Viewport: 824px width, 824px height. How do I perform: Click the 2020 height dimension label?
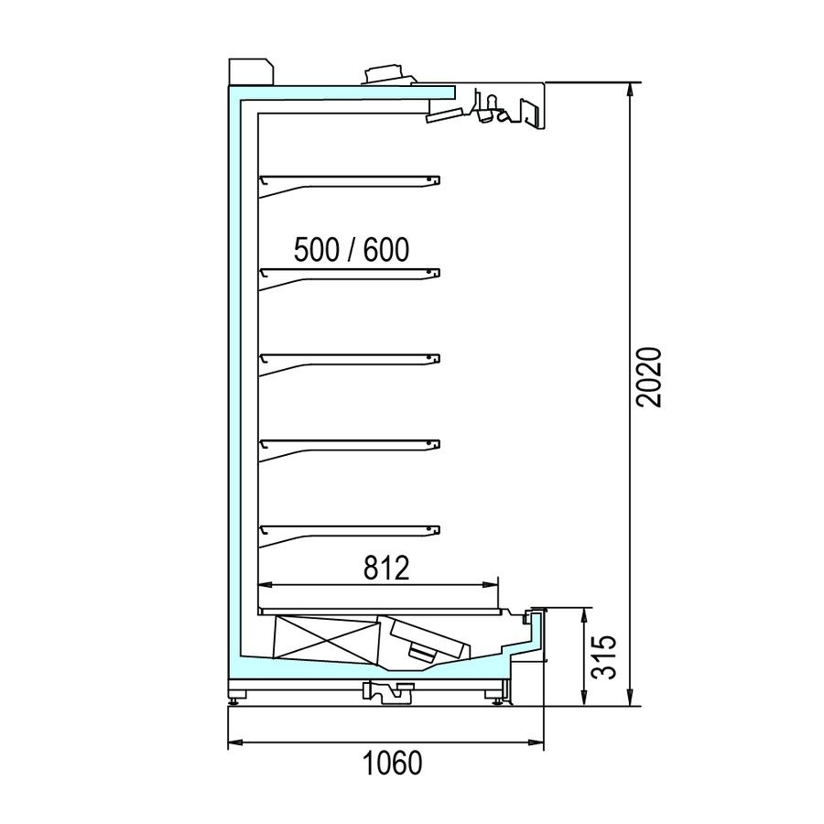(648, 377)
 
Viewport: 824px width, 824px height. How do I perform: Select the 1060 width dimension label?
(393, 763)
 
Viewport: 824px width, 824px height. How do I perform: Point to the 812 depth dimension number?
(386, 568)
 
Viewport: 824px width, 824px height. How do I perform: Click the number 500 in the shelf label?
(317, 250)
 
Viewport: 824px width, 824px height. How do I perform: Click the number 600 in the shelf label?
(385, 250)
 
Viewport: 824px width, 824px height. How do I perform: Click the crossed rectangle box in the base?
(327, 639)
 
